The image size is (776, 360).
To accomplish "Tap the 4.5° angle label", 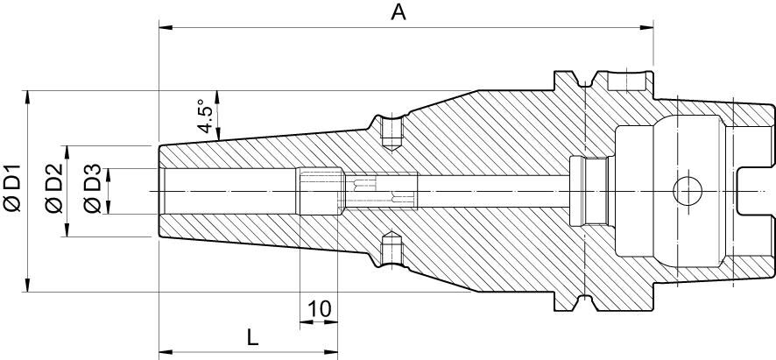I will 204,117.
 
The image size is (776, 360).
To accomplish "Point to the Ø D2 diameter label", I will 53,189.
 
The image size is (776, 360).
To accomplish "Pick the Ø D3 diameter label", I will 92,190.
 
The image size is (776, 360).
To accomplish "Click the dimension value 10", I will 320,308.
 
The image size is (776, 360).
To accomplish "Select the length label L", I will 251,336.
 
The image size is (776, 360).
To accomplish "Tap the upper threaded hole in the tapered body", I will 392,134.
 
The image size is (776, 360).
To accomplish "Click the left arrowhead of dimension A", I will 164,27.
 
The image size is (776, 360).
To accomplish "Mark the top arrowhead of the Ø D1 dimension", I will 29,94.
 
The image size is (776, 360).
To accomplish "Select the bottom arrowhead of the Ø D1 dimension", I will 29,286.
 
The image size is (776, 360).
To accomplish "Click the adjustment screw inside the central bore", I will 379,191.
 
